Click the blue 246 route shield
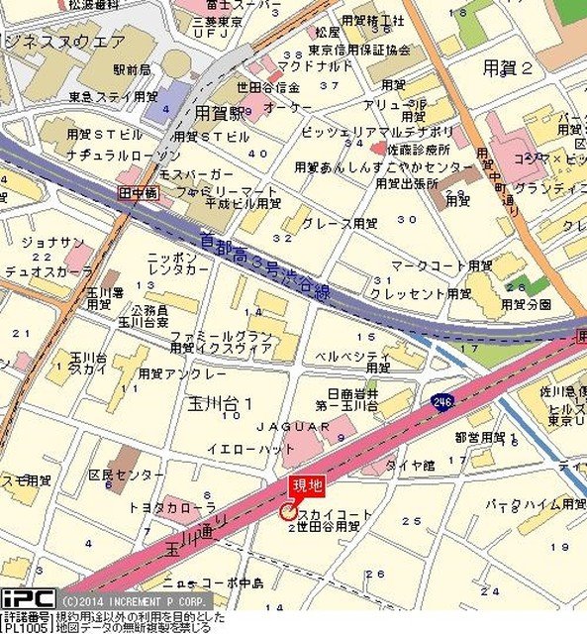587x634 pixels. tap(442, 402)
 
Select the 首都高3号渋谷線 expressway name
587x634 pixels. tap(261, 263)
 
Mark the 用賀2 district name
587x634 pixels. tap(508, 67)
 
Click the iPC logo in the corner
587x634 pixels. tap(27, 599)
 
